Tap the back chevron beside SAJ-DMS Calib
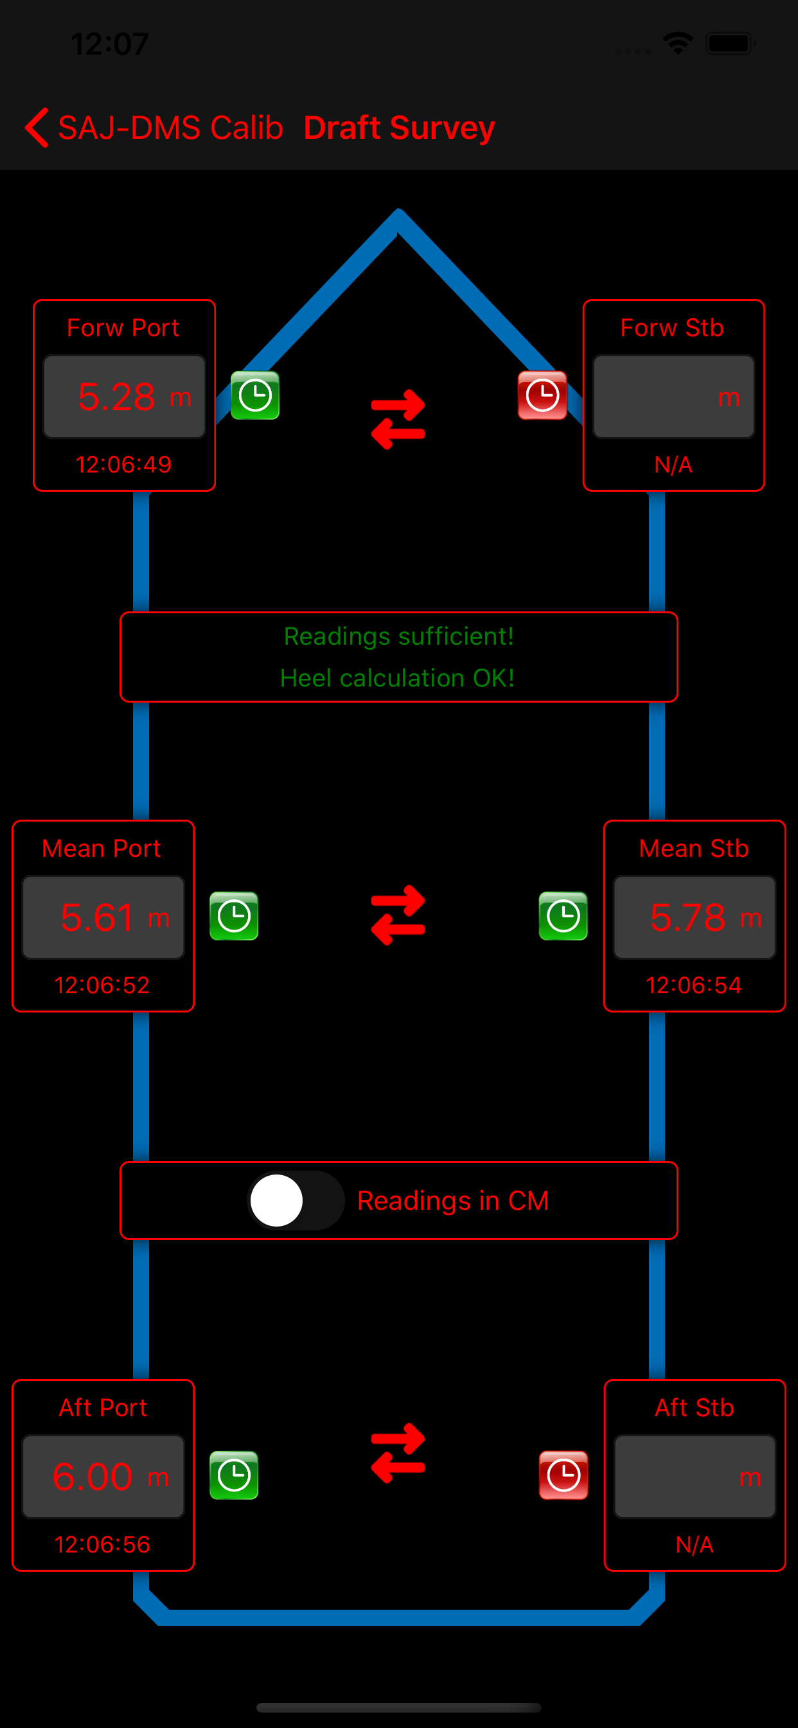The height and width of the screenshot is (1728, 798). click(36, 127)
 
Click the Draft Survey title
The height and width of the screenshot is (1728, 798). click(399, 127)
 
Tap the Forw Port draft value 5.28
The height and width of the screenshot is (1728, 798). click(117, 397)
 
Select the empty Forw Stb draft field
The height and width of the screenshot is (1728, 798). click(673, 397)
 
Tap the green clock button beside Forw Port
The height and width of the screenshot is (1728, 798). click(255, 395)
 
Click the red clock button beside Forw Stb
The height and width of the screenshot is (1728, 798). click(542, 395)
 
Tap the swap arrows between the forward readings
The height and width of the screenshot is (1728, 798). click(398, 419)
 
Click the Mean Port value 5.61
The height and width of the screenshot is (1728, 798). click(97, 917)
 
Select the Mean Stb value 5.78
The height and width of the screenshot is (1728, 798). click(688, 917)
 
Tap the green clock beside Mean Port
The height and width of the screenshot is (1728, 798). click(234, 915)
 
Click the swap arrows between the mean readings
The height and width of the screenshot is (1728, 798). click(398, 915)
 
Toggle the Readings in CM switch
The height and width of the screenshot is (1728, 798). click(296, 1201)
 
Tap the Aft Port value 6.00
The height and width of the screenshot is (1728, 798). click(93, 1477)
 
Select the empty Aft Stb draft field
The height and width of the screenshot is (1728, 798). click(695, 1477)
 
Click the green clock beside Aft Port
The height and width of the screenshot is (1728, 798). click(234, 1475)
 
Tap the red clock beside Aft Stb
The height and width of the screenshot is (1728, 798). click(564, 1475)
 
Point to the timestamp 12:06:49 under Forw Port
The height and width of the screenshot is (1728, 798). click(123, 464)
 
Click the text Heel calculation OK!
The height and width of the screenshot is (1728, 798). click(398, 678)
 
